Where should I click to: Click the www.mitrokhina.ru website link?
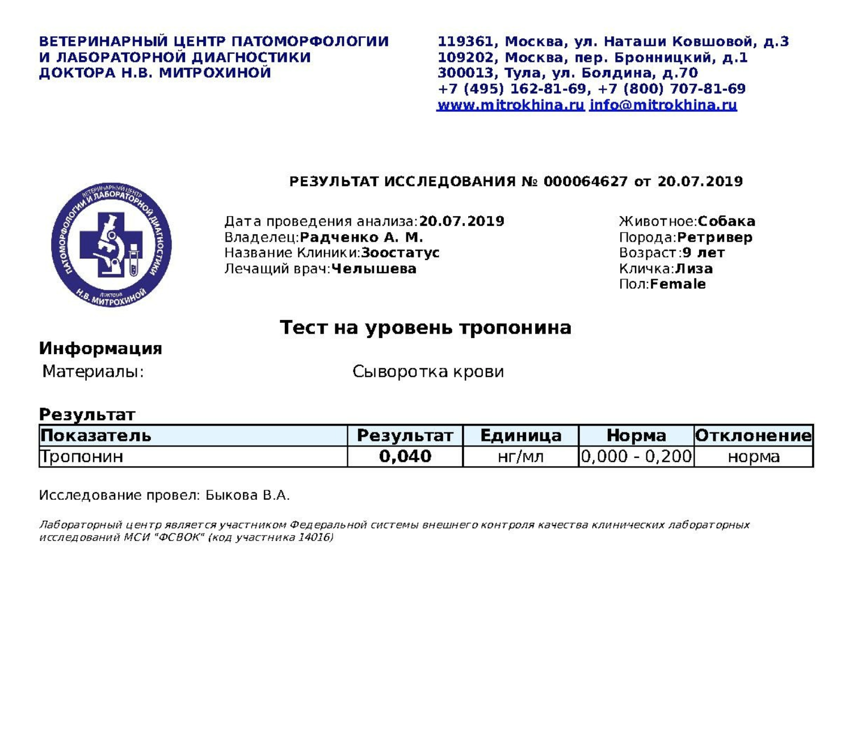(x=510, y=105)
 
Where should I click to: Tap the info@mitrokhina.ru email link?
(x=663, y=105)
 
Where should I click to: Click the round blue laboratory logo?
(x=111, y=245)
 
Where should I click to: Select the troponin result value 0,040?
(x=405, y=456)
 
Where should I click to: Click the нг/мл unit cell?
(x=520, y=456)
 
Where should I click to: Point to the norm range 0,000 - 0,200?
(x=636, y=456)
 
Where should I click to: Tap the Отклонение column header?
(x=753, y=436)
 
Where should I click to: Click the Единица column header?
(x=520, y=436)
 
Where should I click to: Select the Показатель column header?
(x=96, y=436)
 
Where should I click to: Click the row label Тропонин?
(x=82, y=456)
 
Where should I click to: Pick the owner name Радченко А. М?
(x=361, y=237)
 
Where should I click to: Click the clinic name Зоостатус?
(x=400, y=252)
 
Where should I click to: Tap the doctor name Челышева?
(x=373, y=268)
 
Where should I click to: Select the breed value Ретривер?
(x=714, y=237)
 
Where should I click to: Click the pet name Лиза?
(x=693, y=268)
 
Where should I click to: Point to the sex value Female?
(x=678, y=284)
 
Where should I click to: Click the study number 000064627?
(x=585, y=182)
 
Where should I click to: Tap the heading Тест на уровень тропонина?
(x=425, y=327)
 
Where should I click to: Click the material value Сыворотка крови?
(x=428, y=372)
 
